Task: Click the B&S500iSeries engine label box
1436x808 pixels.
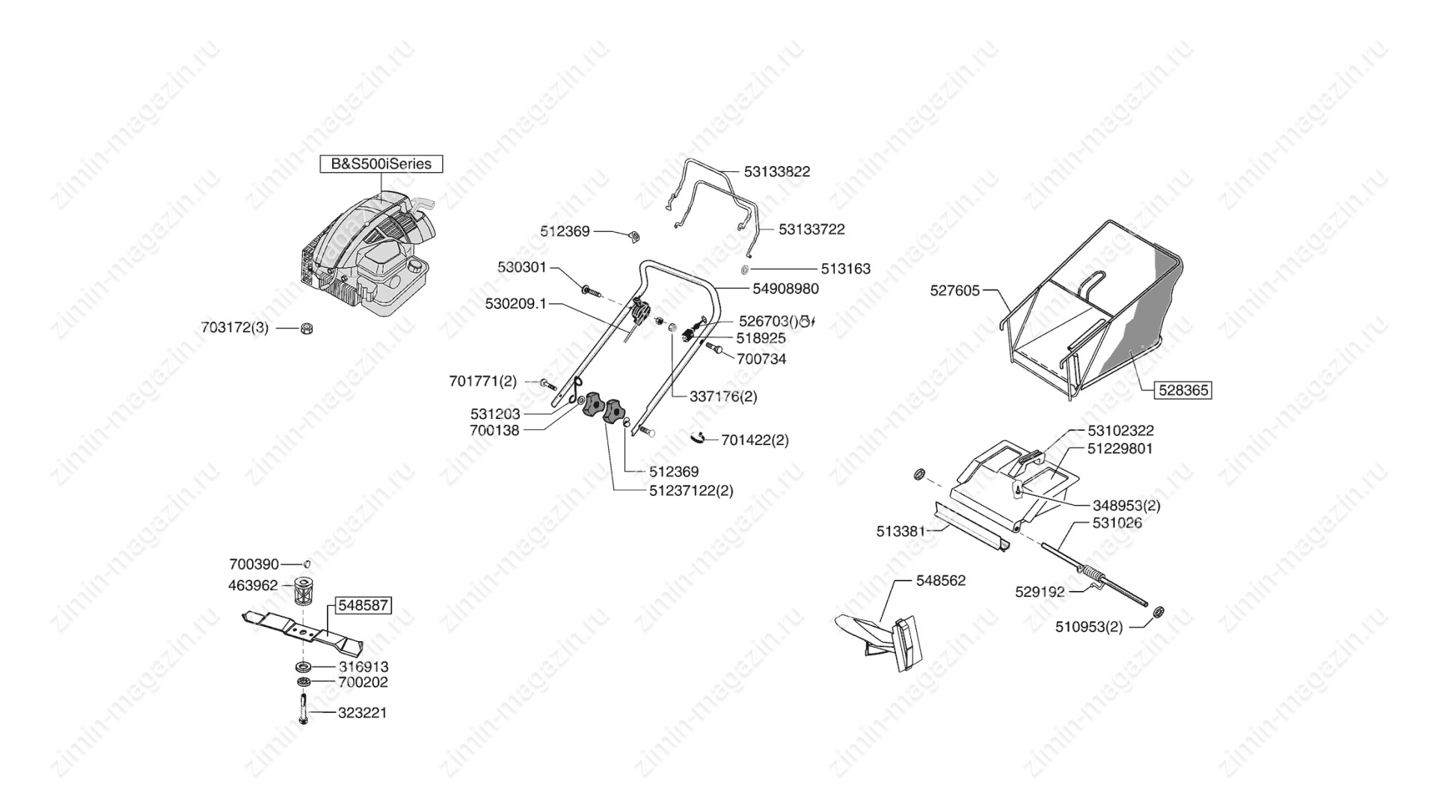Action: [x=381, y=164]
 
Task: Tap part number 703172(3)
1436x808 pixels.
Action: [x=234, y=328]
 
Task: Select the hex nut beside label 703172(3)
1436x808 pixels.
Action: [x=305, y=328]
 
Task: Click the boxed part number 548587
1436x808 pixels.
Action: [x=363, y=605]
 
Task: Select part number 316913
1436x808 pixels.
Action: [x=363, y=667]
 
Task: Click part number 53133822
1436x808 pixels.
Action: [x=776, y=171]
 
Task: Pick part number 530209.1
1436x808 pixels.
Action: [x=516, y=304]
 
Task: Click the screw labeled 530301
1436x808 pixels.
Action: [x=589, y=290]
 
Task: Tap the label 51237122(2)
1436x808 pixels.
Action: [x=691, y=491]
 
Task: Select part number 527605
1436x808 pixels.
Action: [x=954, y=290]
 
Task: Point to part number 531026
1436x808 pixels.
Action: [x=1117, y=523]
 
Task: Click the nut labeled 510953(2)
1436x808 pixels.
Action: [x=1158, y=611]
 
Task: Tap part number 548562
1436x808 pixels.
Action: [x=941, y=581]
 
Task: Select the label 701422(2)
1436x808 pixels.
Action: [x=755, y=440]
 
